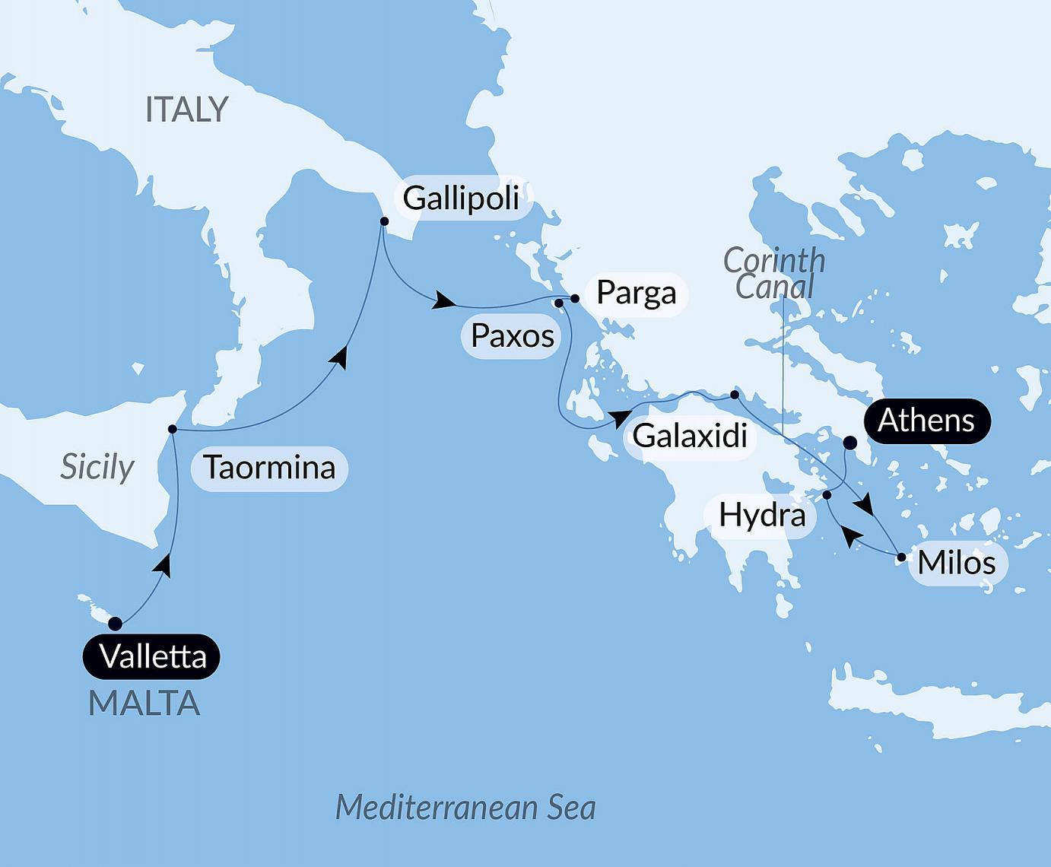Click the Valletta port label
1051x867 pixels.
tap(152, 656)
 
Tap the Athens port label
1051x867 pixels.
tap(926, 421)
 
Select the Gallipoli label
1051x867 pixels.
tap(461, 198)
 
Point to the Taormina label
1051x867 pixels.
tap(269, 467)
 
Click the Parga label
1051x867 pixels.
tap(636, 293)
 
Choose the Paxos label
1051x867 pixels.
tap(512, 335)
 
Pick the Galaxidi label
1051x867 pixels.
tap(690, 436)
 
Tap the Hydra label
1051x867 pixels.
tap(762, 515)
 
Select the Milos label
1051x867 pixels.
tap(956, 563)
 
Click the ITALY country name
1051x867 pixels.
tap(186, 110)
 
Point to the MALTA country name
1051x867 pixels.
tap(144, 703)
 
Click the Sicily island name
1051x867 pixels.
tap(97, 467)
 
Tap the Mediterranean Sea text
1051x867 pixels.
tap(465, 807)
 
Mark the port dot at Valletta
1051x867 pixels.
tap(115, 624)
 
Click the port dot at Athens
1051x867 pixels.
tap(850, 443)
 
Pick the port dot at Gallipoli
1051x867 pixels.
tap(384, 221)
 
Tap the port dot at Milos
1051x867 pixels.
tap(901, 557)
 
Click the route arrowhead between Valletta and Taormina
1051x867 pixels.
tap(164, 564)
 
